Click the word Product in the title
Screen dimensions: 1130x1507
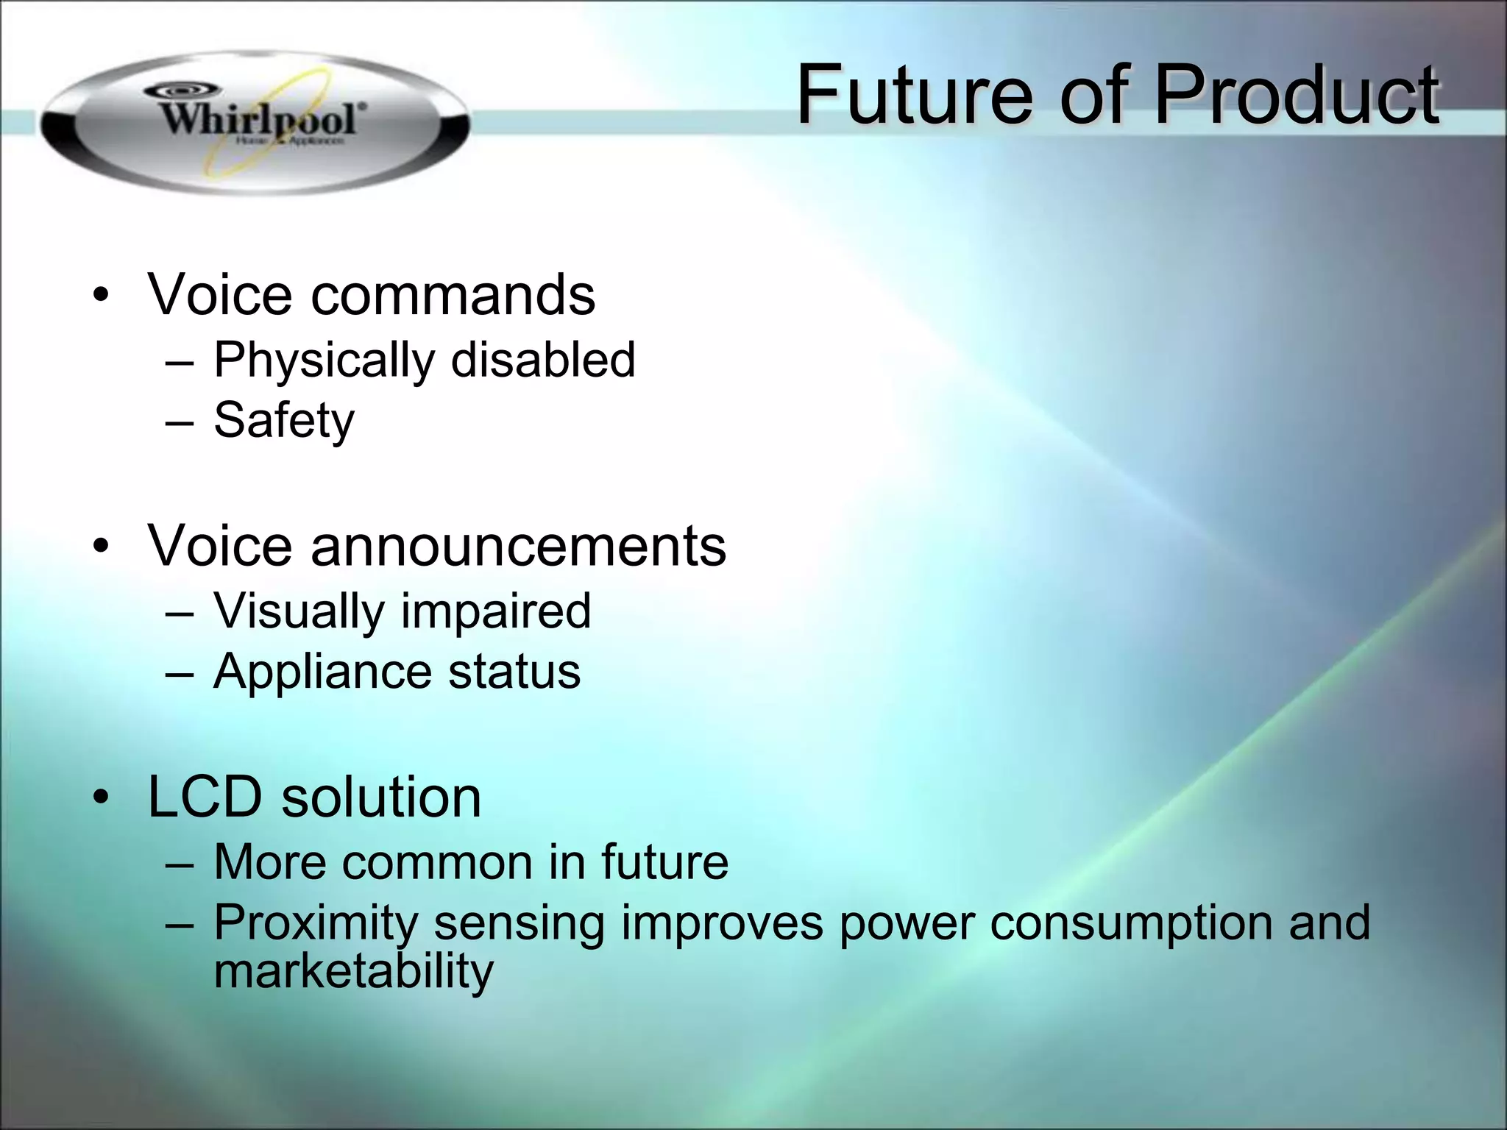coord(1296,96)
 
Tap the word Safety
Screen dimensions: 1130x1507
coord(284,421)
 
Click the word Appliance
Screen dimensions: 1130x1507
coord(322,672)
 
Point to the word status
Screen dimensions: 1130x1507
coord(514,672)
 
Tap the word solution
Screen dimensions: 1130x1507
coord(381,797)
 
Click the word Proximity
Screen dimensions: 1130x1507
coord(316,924)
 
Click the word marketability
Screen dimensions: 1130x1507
coord(353,971)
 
